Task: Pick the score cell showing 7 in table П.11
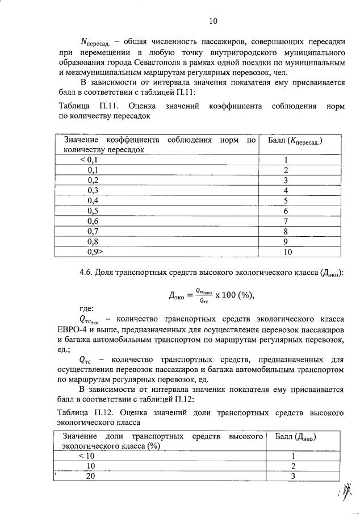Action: coord(287,221)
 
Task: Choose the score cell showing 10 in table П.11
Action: coord(287,251)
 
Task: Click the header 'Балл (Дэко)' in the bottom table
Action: coord(295,437)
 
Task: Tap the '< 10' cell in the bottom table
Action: coord(89,456)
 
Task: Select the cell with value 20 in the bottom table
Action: coord(90,477)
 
